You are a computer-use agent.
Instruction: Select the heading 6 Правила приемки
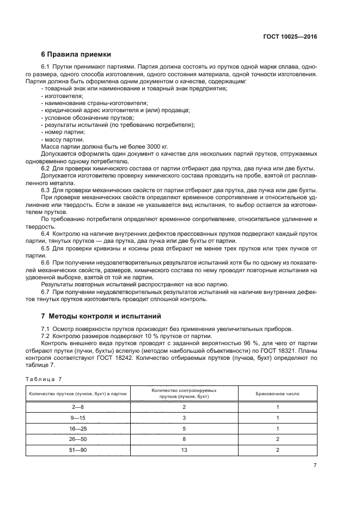[x=76, y=54]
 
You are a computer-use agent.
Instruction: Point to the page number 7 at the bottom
[x=315, y=464]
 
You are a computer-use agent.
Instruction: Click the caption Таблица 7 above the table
[x=44, y=379]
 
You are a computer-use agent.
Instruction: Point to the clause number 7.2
[x=47, y=336]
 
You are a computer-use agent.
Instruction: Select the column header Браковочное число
[x=277, y=394]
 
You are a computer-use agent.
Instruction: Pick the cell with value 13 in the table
[x=184, y=450]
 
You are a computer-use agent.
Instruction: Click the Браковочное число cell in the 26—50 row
[x=277, y=439]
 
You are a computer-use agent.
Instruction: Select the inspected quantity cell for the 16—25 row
[x=184, y=428]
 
